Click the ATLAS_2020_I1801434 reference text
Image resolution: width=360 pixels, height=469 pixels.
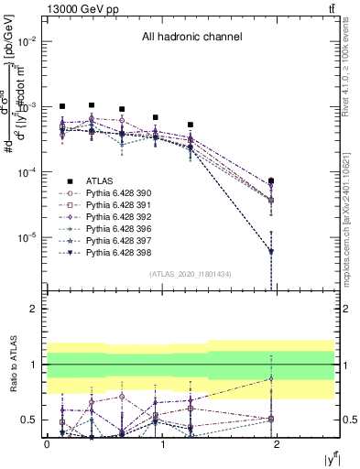point(191,273)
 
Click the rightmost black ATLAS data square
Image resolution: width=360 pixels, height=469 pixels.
point(271,180)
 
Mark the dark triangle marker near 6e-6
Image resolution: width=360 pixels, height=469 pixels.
point(271,251)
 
